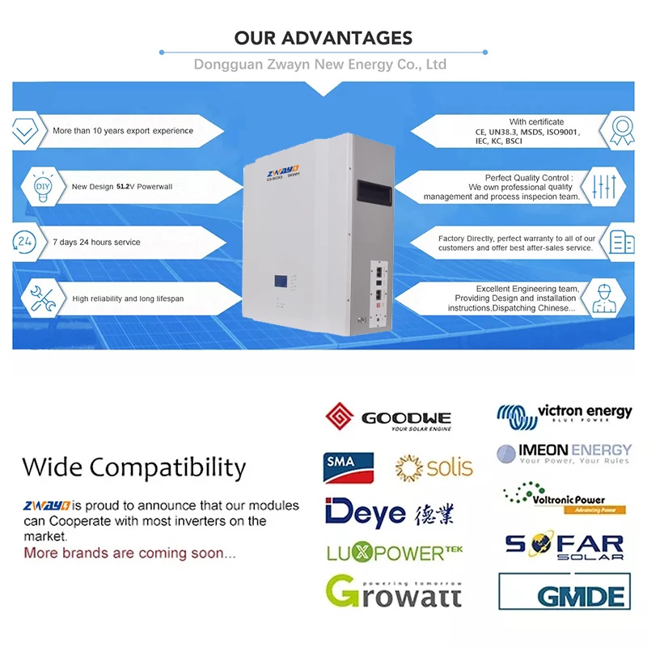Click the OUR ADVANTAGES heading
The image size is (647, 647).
coord(323,38)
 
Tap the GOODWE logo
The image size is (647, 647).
coord(388,418)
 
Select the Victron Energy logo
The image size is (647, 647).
coord(564,414)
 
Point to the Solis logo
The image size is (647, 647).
coord(434,467)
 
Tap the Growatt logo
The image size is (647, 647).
coord(393,591)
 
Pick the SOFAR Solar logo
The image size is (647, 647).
coord(565,547)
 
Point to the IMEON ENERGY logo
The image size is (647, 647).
coord(564,452)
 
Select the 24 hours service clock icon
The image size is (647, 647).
coord(25,241)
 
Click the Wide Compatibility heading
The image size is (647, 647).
coord(133,467)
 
